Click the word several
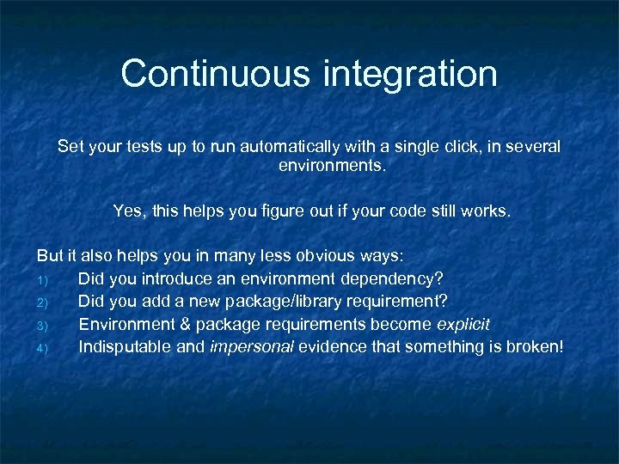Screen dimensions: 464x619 coord(528,147)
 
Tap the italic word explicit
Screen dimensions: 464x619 coord(463,324)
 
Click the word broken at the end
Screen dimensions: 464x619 coord(533,346)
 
